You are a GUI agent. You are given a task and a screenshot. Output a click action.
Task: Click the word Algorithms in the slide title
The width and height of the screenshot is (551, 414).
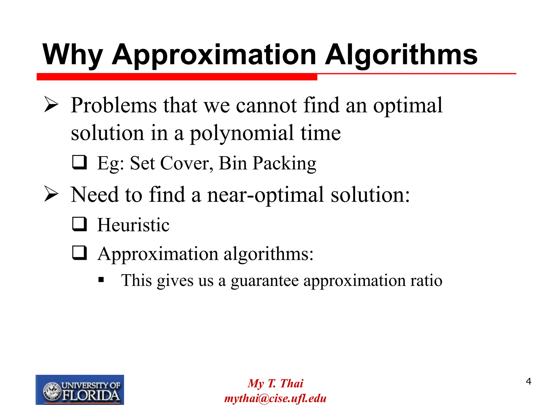(401, 55)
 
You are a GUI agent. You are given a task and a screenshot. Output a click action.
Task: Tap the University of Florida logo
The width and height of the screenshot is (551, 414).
(80, 389)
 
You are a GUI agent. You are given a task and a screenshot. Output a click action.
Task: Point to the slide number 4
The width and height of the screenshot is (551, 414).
(528, 381)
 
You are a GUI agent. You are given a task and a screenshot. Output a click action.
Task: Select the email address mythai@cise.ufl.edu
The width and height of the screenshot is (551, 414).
(275, 398)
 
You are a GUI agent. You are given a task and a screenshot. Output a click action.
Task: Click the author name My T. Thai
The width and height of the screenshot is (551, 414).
(275, 383)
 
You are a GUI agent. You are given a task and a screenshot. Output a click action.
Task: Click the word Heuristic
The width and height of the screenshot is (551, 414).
(133, 225)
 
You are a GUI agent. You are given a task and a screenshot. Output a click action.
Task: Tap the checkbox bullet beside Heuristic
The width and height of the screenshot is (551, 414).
(79, 224)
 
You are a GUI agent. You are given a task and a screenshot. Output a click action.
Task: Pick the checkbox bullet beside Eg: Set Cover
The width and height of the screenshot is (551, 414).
(79, 162)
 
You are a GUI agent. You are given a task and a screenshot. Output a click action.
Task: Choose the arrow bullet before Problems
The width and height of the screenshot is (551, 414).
(51, 105)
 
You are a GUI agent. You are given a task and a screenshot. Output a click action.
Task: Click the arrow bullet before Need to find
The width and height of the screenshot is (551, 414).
(51, 194)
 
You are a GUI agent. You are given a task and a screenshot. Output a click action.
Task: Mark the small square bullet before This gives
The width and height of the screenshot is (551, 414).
(101, 280)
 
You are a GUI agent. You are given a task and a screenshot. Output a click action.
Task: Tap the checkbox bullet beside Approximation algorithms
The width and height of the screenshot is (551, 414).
(79, 253)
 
